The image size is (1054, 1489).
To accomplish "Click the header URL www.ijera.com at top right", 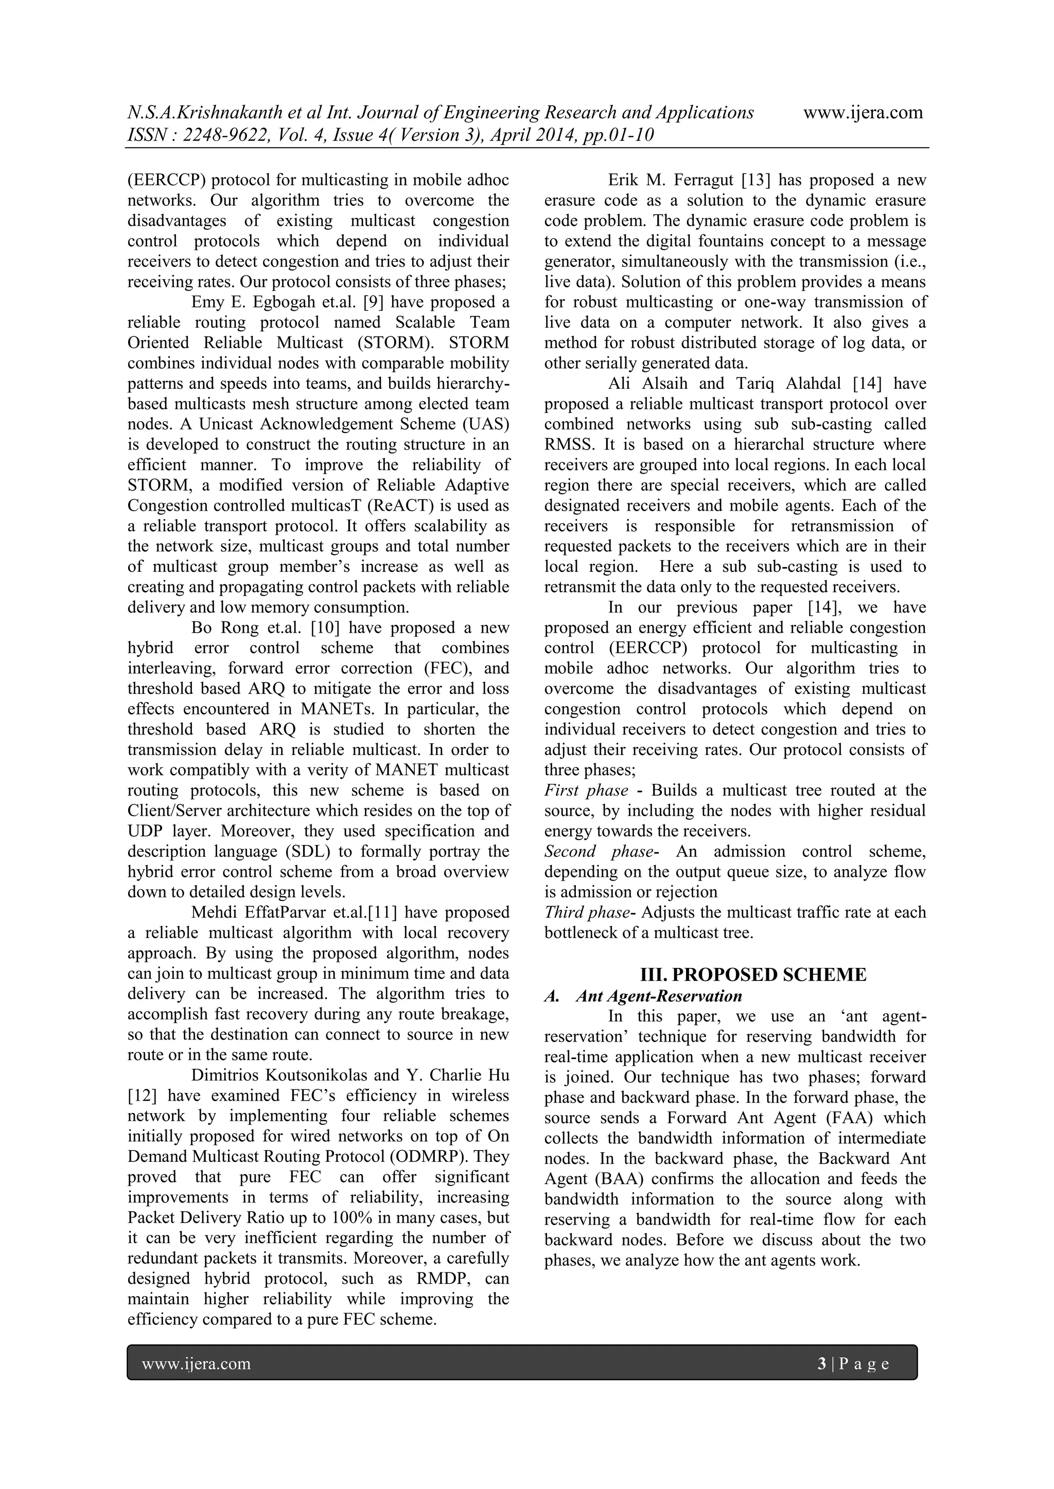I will [863, 113].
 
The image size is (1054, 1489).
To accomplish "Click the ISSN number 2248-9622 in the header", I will [226, 136].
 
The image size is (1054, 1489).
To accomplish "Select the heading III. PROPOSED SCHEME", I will [753, 975].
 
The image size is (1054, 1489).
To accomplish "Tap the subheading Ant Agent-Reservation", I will [659, 996].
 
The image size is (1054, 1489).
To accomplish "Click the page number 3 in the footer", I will [822, 1364].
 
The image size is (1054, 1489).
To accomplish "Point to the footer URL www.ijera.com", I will [196, 1364].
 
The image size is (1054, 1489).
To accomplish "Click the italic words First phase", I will [586, 791].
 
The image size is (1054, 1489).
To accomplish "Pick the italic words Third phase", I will [587, 912].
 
